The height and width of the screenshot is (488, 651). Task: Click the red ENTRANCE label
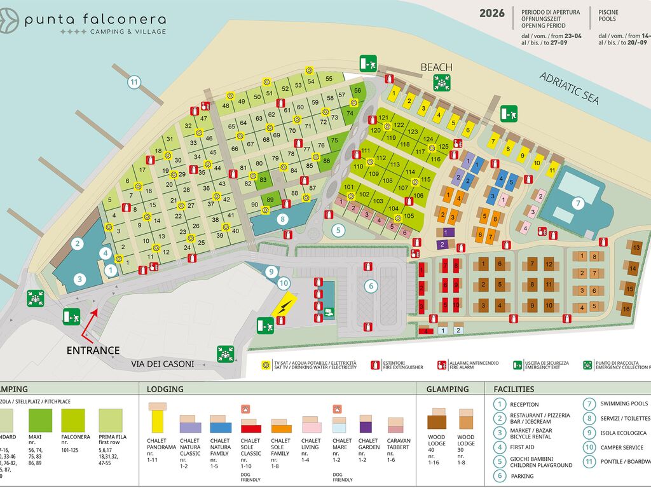(x=93, y=350)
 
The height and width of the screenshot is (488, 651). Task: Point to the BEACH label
(x=436, y=67)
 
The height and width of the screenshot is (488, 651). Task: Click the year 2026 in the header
(x=492, y=13)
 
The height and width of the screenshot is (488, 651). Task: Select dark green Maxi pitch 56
(x=357, y=91)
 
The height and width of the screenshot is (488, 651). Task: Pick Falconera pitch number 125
(x=442, y=146)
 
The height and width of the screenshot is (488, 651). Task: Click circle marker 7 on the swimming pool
(x=577, y=203)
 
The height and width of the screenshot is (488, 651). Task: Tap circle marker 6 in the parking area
(x=370, y=286)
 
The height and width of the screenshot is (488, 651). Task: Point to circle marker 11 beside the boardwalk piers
(x=134, y=81)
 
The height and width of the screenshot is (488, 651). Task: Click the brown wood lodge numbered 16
(x=626, y=309)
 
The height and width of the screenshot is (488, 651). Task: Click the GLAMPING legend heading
(x=447, y=389)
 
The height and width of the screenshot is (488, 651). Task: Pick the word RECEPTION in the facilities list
(x=524, y=404)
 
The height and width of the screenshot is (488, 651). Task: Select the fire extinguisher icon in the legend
(x=375, y=365)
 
